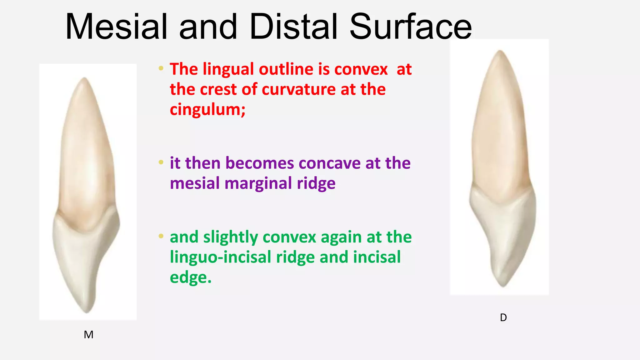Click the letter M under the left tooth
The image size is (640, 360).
[x=88, y=335]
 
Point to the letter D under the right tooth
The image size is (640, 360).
[x=503, y=317]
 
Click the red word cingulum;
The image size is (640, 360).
[x=207, y=110]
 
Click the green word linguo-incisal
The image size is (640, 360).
[x=221, y=257]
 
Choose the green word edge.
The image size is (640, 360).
[x=190, y=277]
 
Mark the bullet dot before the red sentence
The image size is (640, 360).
[x=161, y=68]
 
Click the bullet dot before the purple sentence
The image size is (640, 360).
[x=161, y=162]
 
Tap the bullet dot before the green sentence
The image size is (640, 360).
[x=161, y=236]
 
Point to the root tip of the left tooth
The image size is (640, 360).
[x=85, y=79]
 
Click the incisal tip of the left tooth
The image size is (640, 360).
[x=86, y=311]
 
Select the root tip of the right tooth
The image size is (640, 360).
[x=500, y=51]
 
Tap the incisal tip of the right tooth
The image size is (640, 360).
[x=503, y=285]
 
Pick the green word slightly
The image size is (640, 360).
[x=231, y=237]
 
